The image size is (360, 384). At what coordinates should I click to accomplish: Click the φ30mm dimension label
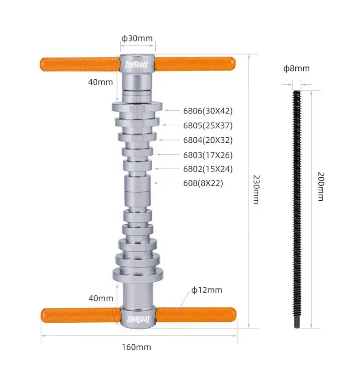137,38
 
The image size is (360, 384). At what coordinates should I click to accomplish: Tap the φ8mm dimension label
296,68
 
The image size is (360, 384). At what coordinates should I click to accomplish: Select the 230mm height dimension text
256,189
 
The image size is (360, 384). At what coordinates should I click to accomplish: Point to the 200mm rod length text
320,186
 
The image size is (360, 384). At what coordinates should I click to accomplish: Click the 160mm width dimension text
136,347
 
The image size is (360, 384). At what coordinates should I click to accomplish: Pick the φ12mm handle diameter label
207,290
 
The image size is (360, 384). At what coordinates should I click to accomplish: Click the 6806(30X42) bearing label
207,110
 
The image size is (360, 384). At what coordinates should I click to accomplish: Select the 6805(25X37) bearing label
207,125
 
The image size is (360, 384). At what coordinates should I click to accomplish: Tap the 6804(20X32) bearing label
207,140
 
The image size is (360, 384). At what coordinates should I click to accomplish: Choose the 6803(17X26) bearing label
207,155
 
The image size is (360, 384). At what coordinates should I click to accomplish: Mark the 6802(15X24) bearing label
207,169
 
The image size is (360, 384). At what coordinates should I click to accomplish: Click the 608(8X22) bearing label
203,183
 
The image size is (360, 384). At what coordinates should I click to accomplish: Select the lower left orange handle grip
81,314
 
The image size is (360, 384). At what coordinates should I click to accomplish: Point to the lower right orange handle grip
195,314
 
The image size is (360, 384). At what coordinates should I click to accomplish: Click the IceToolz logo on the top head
137,63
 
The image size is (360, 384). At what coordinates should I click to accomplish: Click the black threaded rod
297,207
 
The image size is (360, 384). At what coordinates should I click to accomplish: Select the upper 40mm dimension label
100,82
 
